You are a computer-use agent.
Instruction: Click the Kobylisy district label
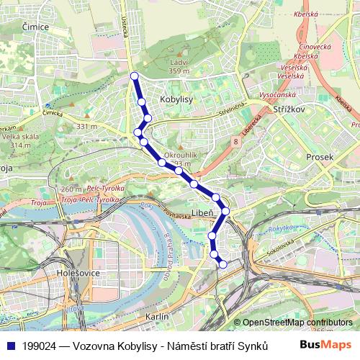177,101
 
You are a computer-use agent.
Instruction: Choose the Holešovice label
79,273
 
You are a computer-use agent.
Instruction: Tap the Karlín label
157,316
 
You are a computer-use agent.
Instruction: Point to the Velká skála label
20,140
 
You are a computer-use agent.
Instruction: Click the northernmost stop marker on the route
134,76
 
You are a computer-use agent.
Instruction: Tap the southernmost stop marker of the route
222,264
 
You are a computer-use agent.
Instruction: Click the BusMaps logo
325,345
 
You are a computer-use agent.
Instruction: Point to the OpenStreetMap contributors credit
297,323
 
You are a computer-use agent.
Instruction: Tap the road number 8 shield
235,143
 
